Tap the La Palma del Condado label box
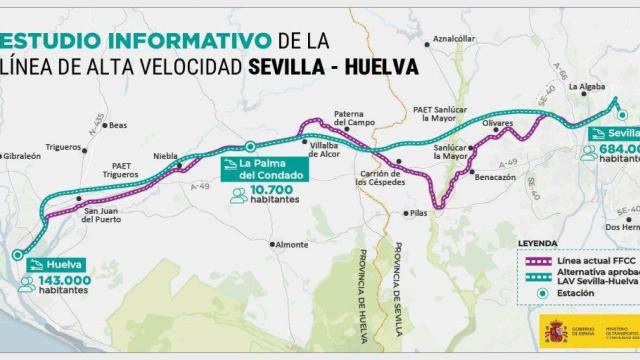(263, 168)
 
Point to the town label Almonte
(292, 244)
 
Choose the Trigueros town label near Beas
(63, 147)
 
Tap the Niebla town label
(166, 157)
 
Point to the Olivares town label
(497, 121)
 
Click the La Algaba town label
(587, 88)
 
